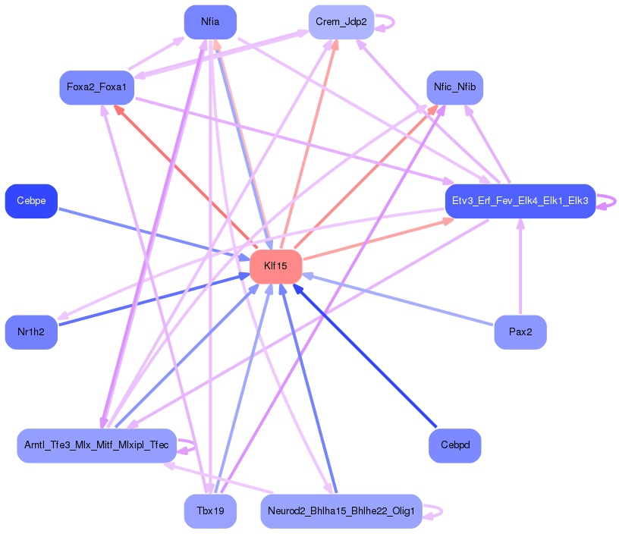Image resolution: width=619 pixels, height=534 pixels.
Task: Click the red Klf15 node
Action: pos(276,266)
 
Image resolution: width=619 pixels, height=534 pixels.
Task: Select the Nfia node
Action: pos(210,22)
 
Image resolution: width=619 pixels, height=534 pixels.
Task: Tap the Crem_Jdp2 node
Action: pos(341,22)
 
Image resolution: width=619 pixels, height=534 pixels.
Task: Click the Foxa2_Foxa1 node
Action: pos(97,87)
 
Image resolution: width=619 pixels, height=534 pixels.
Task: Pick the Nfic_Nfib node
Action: pos(454,87)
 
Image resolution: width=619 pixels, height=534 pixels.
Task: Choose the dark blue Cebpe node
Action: pos(31,201)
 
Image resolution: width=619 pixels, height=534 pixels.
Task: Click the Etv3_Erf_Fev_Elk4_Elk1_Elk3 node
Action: pos(520,201)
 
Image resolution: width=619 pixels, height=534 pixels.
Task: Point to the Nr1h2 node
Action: pos(31,332)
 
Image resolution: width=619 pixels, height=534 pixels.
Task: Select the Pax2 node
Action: pos(520,332)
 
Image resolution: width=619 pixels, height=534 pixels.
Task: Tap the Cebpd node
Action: pos(454,445)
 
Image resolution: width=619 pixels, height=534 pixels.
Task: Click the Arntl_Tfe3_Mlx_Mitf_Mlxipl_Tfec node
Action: pos(96,445)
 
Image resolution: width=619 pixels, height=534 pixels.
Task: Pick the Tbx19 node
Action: pos(210,511)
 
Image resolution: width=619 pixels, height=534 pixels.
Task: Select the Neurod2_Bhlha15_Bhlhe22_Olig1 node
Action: pos(341,511)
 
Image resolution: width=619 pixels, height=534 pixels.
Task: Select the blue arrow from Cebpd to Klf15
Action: pos(365,356)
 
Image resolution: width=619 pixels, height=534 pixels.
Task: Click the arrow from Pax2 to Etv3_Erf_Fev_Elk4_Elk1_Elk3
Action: pos(520,265)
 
